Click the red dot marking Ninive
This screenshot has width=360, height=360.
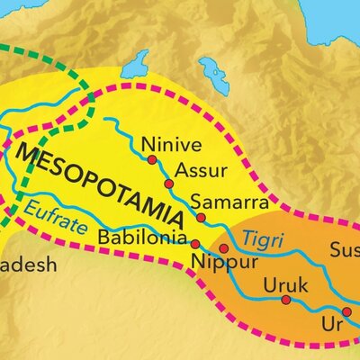click(x=152, y=159)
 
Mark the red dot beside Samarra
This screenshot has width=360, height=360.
click(x=202, y=217)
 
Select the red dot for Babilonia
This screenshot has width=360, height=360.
click(x=195, y=243)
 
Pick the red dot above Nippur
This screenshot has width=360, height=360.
click(x=224, y=247)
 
